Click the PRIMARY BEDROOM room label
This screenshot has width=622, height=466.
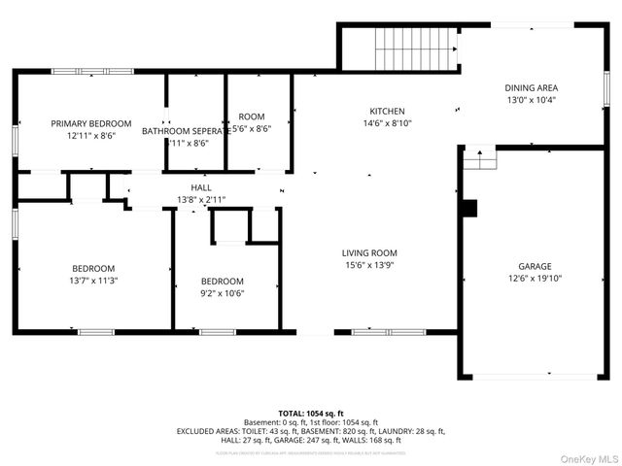90,123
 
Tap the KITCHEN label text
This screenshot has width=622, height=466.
387,111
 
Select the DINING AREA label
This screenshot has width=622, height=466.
532,87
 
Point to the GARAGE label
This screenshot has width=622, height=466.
534,266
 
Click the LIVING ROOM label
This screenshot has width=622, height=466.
368,252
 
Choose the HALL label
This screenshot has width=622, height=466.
201,187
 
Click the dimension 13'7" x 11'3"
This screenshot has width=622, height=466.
93,281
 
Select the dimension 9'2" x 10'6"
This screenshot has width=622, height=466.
223,293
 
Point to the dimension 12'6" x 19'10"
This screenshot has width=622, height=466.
534,278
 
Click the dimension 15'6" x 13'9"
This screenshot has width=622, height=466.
368,264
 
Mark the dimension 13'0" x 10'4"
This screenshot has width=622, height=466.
532,100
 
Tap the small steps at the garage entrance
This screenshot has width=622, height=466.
479,157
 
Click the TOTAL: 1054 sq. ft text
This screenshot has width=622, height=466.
310,413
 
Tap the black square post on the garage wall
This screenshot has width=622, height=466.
470,209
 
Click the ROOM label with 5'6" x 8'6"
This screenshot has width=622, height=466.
251,121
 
